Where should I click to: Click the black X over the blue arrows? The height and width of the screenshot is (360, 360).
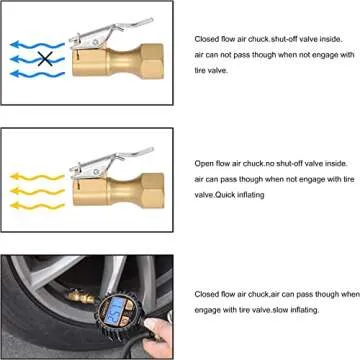(x=43, y=59)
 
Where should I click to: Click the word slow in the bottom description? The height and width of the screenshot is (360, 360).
(x=287, y=310)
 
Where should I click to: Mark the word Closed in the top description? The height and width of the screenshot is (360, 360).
(x=208, y=39)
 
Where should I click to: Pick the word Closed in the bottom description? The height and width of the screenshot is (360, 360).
(x=208, y=295)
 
